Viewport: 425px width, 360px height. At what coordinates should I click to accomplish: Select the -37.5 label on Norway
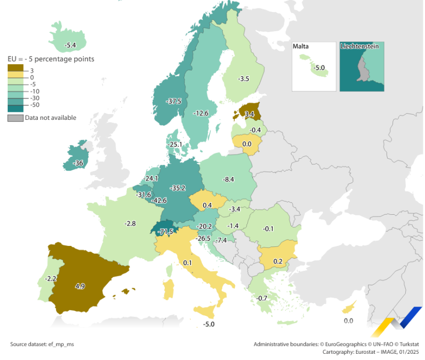[174, 101]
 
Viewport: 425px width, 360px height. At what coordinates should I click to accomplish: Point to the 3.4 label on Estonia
[249, 113]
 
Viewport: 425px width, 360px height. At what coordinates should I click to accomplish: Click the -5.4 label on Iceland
[70, 46]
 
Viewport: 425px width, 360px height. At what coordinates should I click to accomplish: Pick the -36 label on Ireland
[78, 163]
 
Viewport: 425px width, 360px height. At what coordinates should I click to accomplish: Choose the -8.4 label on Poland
[229, 179]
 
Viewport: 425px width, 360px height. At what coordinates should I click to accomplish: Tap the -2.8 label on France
[130, 223]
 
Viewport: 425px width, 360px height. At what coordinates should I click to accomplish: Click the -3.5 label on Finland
[243, 79]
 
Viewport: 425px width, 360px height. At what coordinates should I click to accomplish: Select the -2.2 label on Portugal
[51, 279]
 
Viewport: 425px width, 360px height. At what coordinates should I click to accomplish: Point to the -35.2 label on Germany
[178, 188]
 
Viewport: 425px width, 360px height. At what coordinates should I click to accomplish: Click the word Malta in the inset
[301, 47]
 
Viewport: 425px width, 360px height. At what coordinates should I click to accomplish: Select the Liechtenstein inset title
[359, 46]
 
